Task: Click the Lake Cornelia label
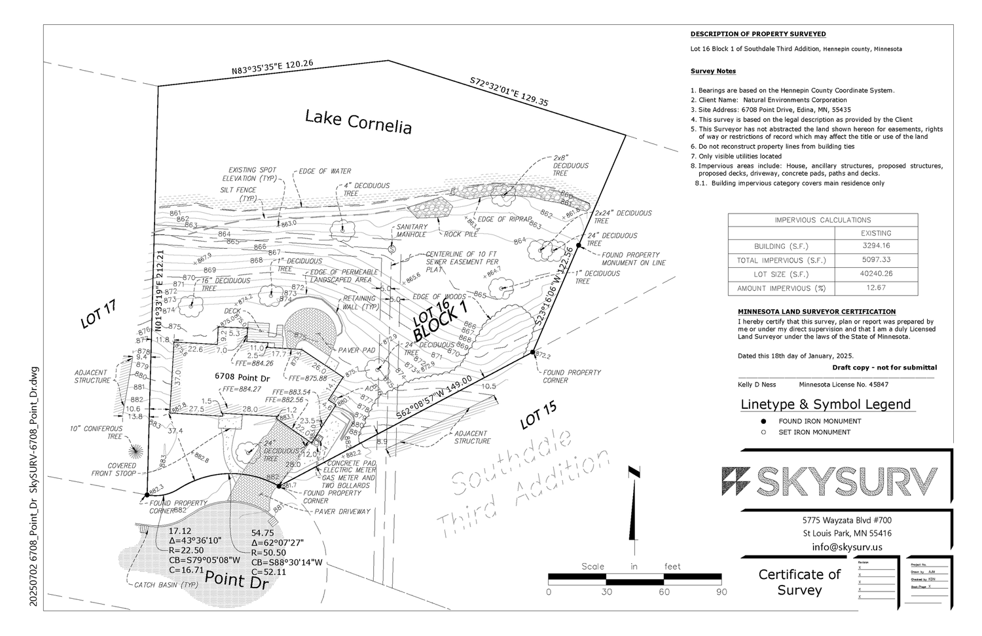pos(359,122)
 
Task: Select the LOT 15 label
pos(538,415)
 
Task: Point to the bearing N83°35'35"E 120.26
pos(272,68)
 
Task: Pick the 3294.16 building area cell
pos(876,246)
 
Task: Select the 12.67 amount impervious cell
pos(876,288)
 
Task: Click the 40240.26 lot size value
pos(876,274)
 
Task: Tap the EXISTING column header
pos(876,233)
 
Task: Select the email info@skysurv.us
pos(847,547)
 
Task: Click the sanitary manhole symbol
pos(391,249)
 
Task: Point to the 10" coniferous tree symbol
pos(137,451)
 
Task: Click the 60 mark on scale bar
pos(664,591)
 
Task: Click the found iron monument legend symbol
pos(763,421)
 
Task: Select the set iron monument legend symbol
pos(763,432)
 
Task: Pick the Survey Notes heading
pos(713,71)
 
